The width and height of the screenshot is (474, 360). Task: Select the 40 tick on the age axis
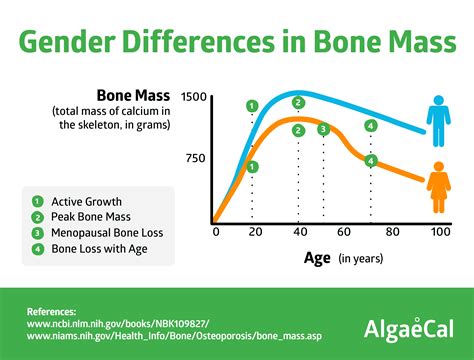298,232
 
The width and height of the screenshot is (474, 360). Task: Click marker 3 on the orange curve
323,129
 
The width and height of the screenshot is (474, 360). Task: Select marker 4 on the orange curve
371,161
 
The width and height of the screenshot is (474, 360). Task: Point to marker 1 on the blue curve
252,105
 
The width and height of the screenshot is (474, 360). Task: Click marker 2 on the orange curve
298,129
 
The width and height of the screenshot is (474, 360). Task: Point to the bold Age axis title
318,258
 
